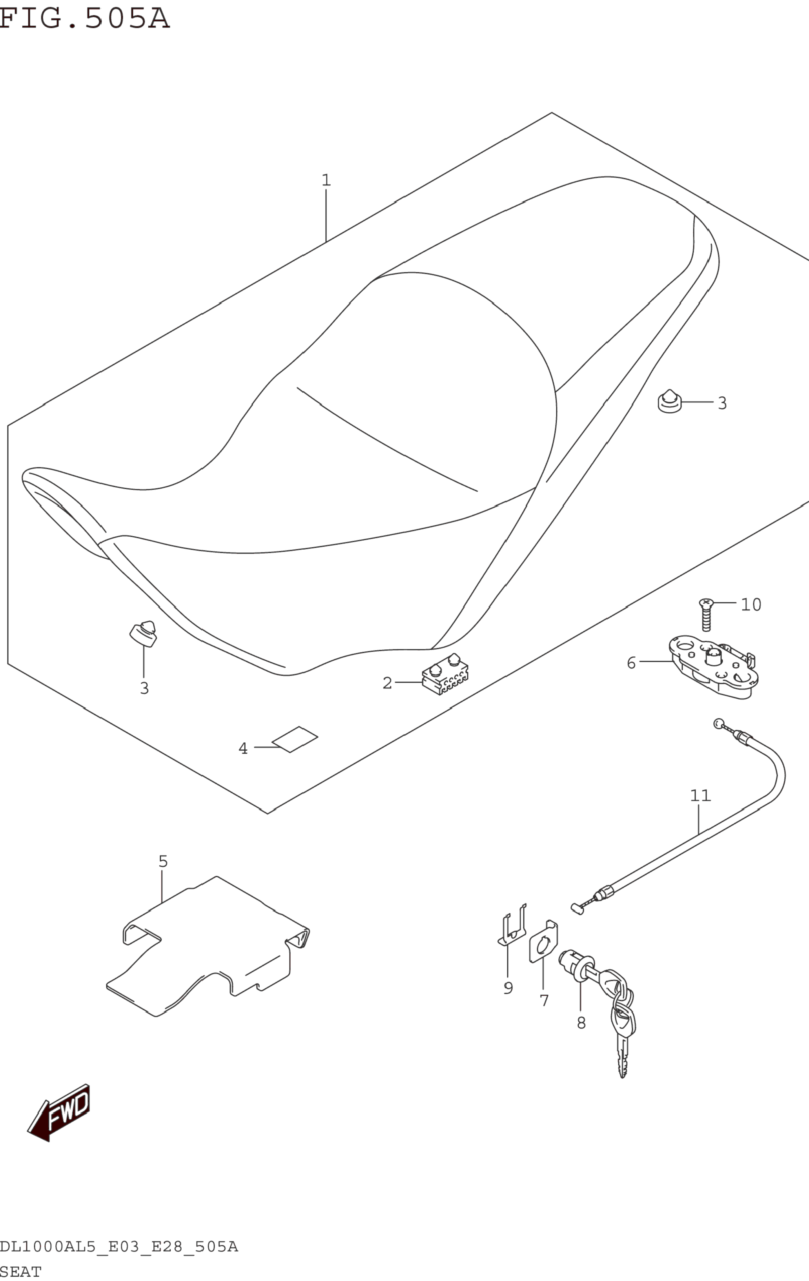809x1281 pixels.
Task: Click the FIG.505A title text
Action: point(84,18)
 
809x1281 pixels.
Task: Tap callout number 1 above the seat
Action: point(326,180)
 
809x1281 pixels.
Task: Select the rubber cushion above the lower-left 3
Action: point(144,633)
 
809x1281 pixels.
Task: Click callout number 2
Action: point(387,683)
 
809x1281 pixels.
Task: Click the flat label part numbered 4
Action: point(295,740)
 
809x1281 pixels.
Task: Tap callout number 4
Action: point(243,749)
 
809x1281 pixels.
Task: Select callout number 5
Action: point(163,861)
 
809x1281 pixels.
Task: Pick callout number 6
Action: point(631,663)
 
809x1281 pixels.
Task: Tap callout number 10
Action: point(751,604)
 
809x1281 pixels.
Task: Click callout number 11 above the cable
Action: point(700,795)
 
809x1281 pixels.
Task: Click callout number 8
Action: point(581,1022)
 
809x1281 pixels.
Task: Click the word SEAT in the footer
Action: point(21,1272)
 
